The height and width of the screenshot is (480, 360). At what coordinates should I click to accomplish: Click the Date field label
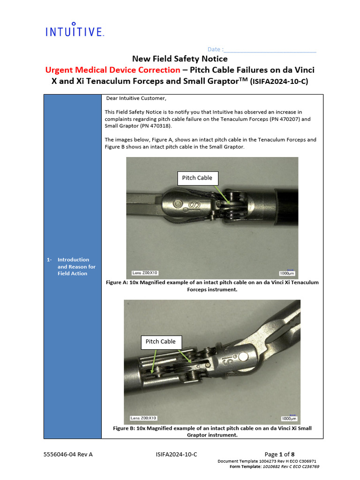[x=215, y=50]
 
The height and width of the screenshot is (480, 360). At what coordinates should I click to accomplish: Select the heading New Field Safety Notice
[x=180, y=59]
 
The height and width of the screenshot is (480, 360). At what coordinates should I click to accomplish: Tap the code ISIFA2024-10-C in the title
[x=280, y=81]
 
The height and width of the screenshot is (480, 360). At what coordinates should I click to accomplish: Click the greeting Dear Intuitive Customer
[x=135, y=98]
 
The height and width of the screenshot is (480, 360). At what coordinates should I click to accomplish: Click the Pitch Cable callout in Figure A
[x=197, y=178]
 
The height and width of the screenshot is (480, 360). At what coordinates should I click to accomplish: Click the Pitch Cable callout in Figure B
[x=160, y=342]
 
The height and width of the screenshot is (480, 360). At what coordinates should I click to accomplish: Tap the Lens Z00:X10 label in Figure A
[x=144, y=272]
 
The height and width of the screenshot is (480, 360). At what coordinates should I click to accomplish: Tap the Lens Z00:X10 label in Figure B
[x=143, y=418]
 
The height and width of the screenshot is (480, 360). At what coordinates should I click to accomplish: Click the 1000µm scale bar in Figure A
[x=286, y=273]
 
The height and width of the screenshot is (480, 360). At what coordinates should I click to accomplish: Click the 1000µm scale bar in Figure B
[x=289, y=418]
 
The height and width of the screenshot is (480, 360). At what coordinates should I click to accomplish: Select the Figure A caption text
[x=212, y=286]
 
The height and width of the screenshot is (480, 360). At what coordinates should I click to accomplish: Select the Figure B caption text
[x=212, y=431]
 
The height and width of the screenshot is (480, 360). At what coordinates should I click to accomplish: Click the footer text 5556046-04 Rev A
[x=68, y=454]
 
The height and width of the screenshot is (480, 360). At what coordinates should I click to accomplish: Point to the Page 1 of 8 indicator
[x=279, y=454]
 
